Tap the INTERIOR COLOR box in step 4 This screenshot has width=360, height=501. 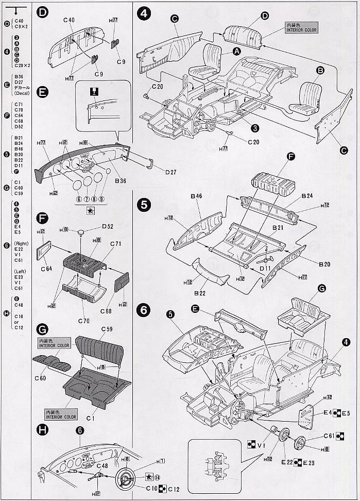(x=302, y=27)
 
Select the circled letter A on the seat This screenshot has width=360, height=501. (x=236, y=51)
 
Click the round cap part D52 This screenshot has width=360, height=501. (x=81, y=233)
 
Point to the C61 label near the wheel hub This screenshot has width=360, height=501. (x=330, y=436)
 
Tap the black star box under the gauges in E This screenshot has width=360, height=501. (x=91, y=210)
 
